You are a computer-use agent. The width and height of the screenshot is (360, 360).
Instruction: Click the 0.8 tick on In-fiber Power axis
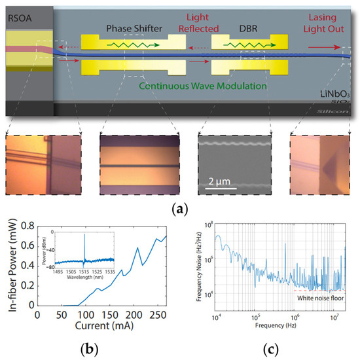click(26, 226)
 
